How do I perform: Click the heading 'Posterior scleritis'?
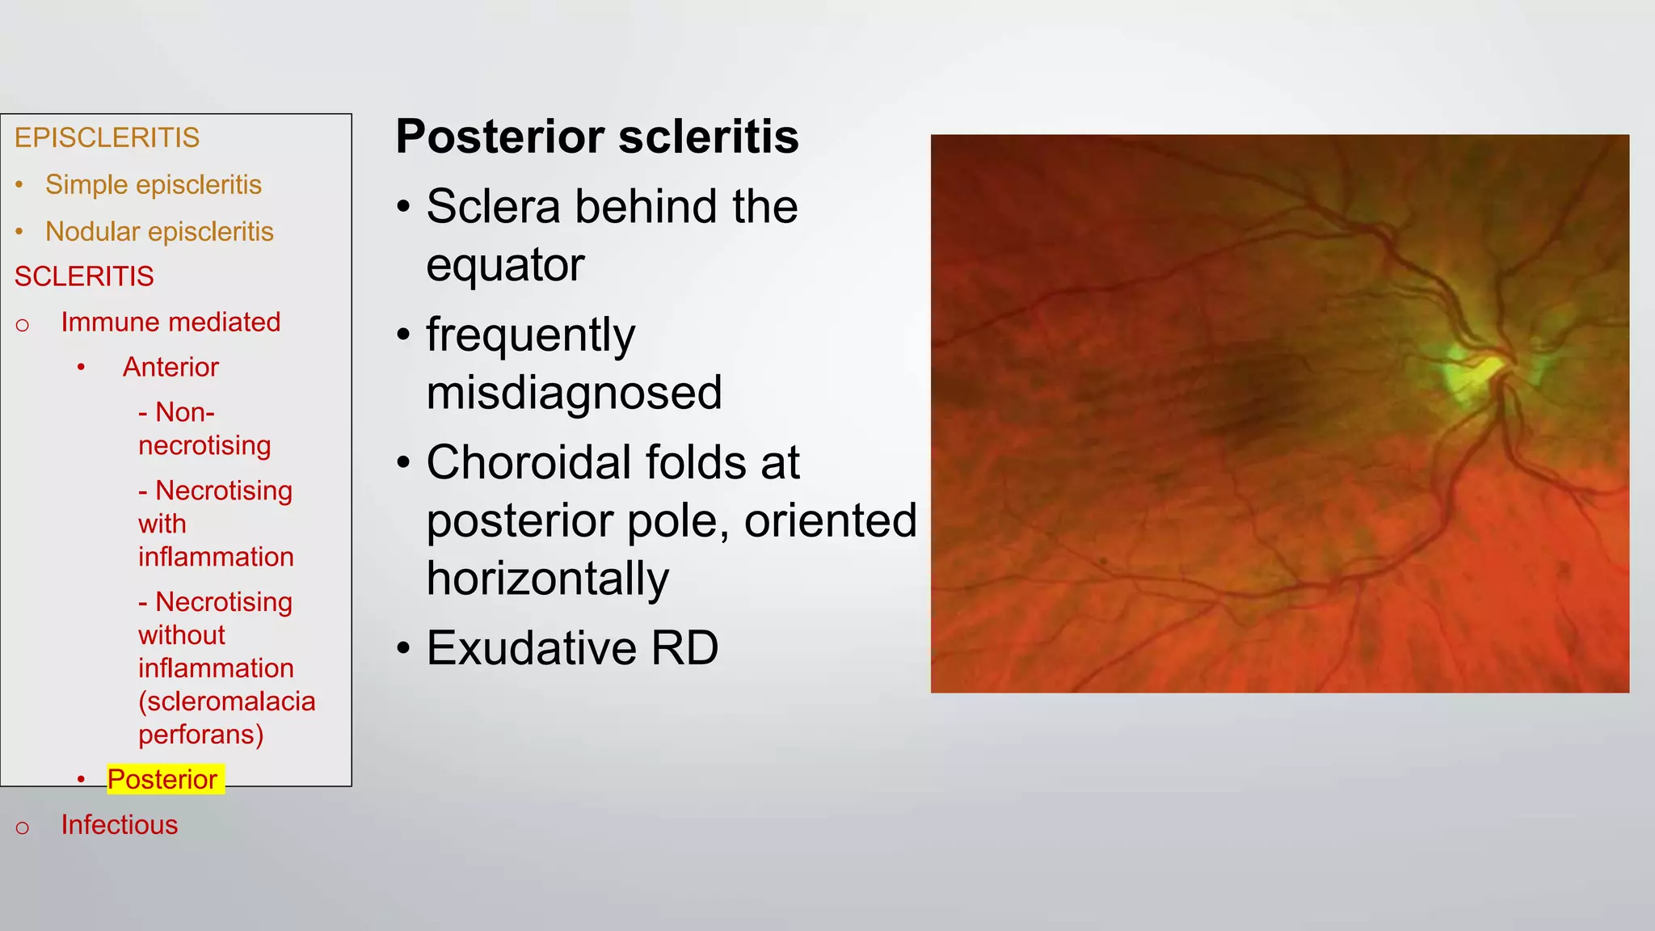597,137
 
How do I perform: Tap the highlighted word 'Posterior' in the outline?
162,780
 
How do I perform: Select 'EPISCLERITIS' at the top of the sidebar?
107,138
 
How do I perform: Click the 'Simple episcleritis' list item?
154,185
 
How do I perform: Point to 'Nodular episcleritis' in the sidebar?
159,232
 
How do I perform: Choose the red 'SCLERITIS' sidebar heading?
84,277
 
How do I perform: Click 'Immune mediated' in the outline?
171,322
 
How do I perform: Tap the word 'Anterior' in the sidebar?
171,368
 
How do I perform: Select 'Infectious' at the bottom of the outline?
120,825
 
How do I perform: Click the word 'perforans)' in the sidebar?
201,735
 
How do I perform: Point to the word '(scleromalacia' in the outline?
227,701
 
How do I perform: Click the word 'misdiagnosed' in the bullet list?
574,393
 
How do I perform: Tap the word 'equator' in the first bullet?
505,265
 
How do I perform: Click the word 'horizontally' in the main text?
548,579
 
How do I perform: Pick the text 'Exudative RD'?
572,648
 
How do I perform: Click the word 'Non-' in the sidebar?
185,413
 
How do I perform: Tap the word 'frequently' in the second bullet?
531,335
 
